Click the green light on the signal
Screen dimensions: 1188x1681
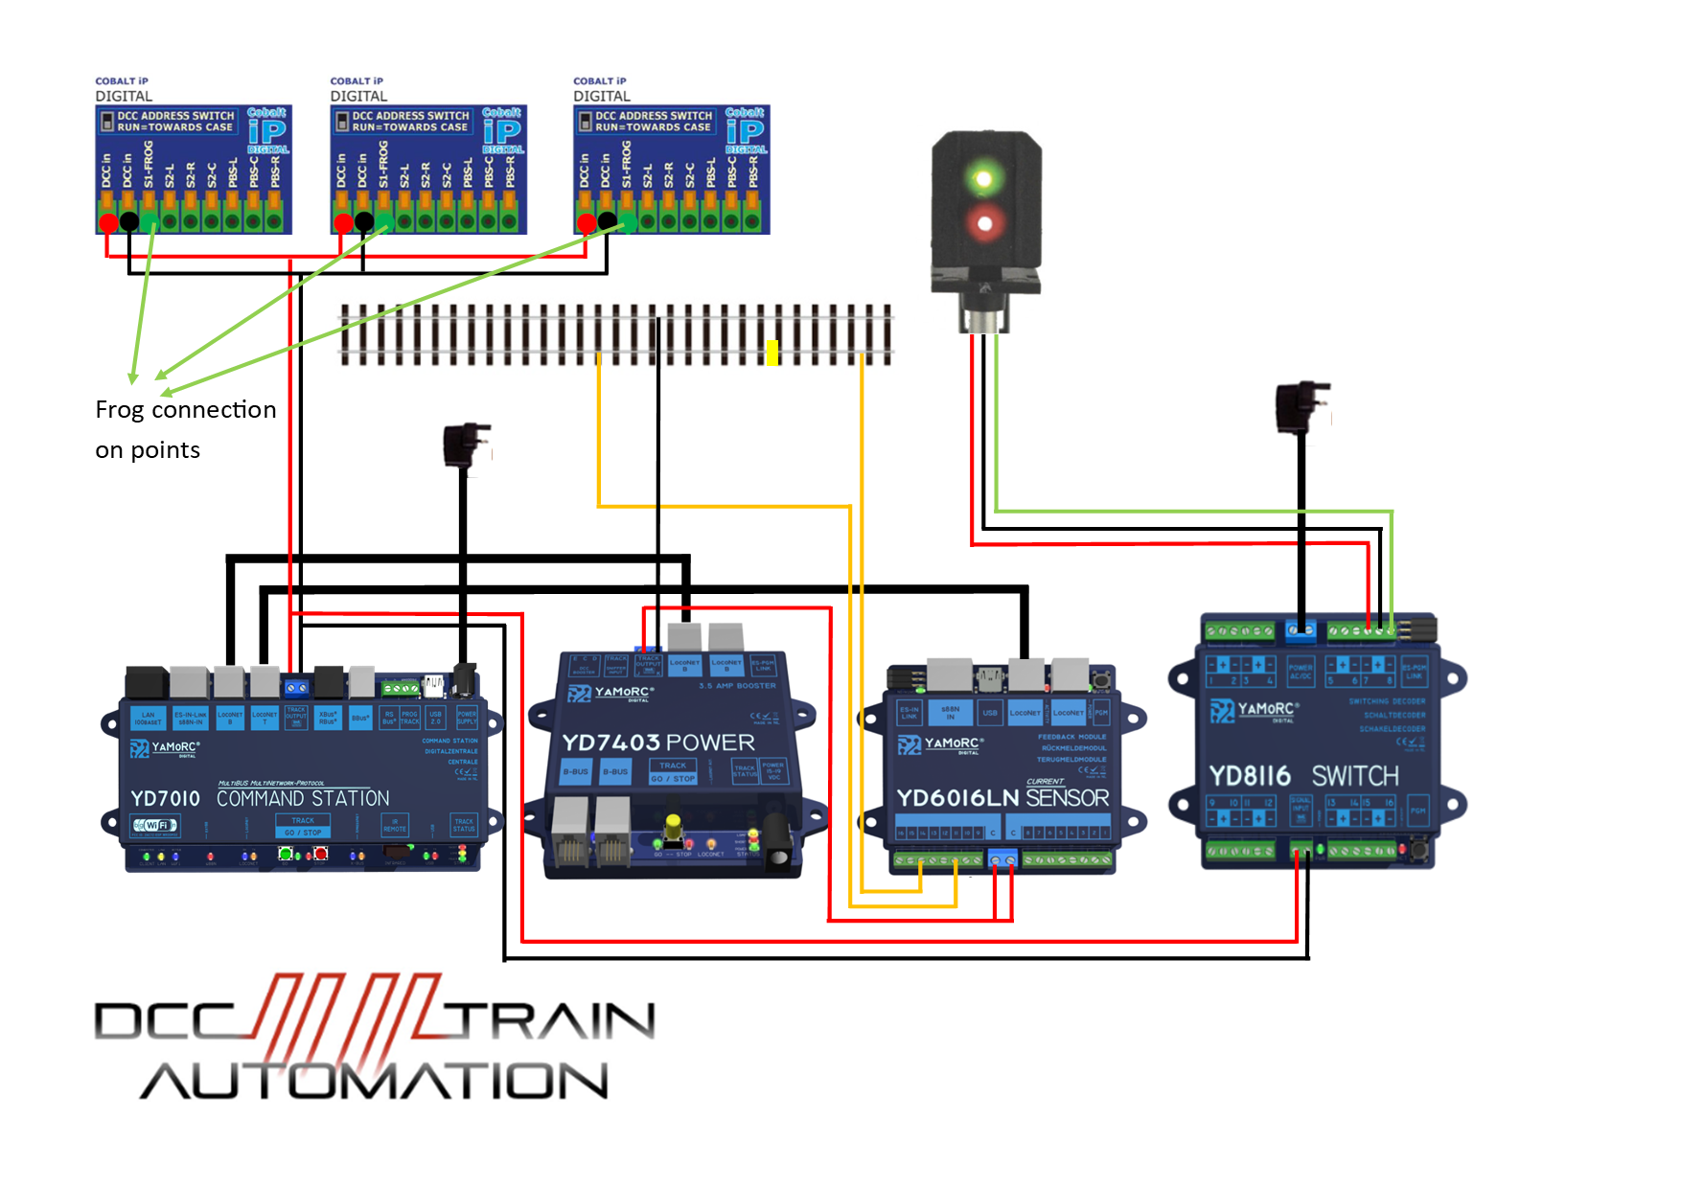point(982,177)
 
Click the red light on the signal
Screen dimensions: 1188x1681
point(983,224)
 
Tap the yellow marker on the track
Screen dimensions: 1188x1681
point(772,353)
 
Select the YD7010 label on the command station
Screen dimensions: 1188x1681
point(165,799)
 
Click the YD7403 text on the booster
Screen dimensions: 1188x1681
point(610,742)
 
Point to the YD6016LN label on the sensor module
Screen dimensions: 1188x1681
point(956,798)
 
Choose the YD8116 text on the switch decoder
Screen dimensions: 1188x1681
point(1250,776)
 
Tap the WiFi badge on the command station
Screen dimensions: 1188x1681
point(155,825)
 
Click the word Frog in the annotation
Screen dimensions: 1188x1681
point(120,410)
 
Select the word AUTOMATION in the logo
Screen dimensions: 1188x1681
point(374,1082)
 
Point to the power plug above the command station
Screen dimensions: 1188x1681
point(467,445)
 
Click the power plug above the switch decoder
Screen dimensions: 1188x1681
point(1301,406)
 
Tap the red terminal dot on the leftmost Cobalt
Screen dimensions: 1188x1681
point(108,223)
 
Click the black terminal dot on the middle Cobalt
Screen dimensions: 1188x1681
point(364,222)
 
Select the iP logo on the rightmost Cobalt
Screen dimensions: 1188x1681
point(746,130)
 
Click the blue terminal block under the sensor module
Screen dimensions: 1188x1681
point(1003,860)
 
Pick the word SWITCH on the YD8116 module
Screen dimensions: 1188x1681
point(1355,776)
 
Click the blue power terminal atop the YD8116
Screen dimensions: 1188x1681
point(1301,630)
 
